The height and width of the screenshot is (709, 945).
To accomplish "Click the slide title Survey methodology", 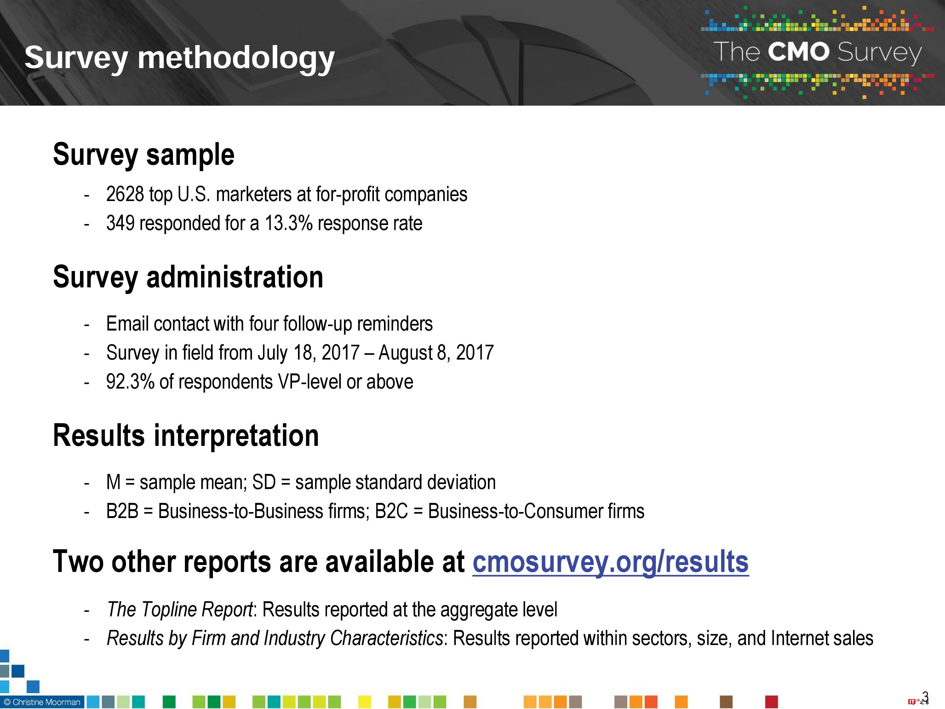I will coord(180,58).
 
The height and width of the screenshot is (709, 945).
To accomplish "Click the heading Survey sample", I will coord(144,154).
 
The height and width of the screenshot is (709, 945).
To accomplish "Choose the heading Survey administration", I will coord(188,277).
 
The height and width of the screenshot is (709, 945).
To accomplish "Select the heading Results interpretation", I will coord(186,435).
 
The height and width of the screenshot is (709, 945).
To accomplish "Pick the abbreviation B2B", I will coord(122,511).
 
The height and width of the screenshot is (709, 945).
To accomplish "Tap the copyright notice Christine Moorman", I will coord(42,702).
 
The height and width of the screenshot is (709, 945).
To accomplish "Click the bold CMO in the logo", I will coord(798,52).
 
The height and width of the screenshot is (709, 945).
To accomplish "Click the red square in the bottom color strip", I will coord(771,702).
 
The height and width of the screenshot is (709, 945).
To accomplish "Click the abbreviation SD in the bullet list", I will coord(264,482).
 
